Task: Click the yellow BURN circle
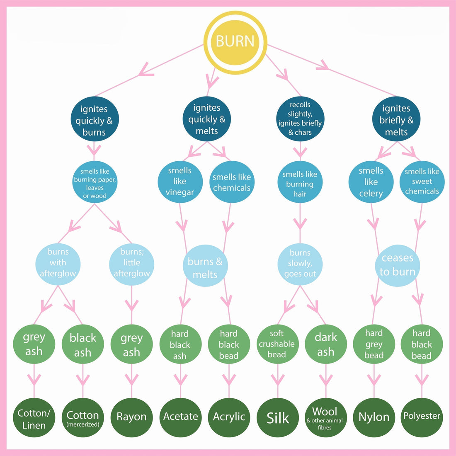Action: pos(235,42)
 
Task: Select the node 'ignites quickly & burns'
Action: pos(94,121)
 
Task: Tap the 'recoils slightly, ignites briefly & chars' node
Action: pos(300,119)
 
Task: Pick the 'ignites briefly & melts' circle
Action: pos(396,120)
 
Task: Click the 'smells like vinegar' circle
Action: pos(180,182)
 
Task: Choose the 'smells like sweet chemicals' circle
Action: pos(422,182)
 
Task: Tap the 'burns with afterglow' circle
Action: pos(58,263)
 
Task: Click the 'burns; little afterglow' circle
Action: pos(132,263)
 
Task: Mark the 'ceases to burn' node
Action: pos(398,265)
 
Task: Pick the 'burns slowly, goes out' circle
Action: pos(300,264)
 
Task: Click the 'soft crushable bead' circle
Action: pos(277,344)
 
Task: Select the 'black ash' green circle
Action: pos(83,345)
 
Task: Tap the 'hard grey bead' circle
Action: pos(374,344)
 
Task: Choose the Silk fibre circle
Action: pos(278,418)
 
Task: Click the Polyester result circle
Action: pos(422,416)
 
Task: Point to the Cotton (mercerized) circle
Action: pos(83,418)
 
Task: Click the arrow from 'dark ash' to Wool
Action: pos(326,380)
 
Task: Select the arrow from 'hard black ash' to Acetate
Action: pos(180,380)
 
